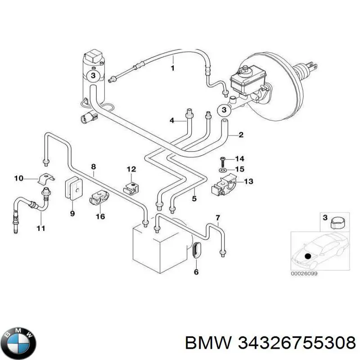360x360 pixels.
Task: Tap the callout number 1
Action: (173, 68)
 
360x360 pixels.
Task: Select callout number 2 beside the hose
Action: (241, 135)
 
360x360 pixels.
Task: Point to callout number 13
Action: (249, 181)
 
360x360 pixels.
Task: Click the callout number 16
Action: (100, 216)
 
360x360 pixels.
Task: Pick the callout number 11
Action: (40, 229)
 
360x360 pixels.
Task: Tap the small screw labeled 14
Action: (222, 162)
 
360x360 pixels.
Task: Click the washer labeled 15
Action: (222, 170)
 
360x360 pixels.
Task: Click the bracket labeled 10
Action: (46, 179)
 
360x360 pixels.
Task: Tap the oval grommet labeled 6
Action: (197, 250)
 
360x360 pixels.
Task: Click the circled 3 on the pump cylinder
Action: (93, 75)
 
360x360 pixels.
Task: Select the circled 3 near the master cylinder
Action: (224, 110)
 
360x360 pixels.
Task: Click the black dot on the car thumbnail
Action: (307, 256)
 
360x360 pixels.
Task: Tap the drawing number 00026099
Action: (304, 274)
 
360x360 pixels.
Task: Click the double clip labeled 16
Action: (99, 198)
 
